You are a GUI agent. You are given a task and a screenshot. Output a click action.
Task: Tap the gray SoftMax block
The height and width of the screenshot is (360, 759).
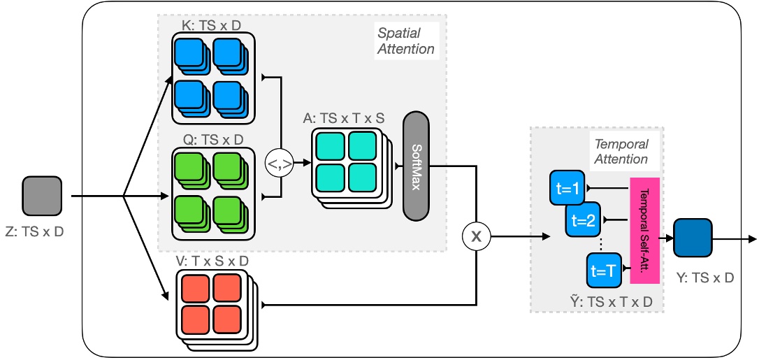tap(417, 166)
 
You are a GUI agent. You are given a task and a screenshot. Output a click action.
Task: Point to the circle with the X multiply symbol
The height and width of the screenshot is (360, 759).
tap(477, 237)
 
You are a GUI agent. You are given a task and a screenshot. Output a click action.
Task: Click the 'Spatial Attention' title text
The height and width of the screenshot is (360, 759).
tap(406, 41)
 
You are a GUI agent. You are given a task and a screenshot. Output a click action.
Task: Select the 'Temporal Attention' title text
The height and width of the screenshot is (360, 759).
tap(621, 152)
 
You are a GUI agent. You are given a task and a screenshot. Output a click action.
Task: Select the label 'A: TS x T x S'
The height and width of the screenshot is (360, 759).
tap(343, 118)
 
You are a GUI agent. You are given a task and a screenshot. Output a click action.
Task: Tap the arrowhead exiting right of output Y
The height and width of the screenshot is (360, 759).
tap(751, 239)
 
